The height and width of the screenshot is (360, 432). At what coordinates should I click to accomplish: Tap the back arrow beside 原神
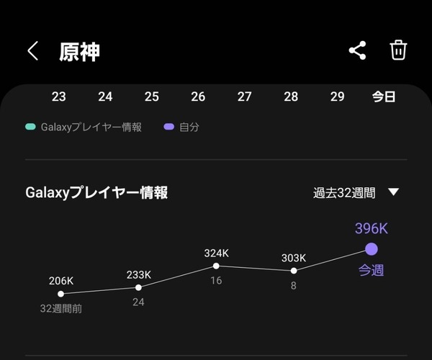click(32, 51)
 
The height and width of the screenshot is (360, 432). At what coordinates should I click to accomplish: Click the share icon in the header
click(357, 50)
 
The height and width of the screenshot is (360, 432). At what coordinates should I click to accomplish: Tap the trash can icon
click(398, 50)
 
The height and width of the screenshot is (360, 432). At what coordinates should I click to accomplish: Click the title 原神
click(79, 52)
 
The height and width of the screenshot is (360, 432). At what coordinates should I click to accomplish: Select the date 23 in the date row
click(59, 96)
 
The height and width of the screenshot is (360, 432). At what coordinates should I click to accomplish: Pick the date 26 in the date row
click(198, 96)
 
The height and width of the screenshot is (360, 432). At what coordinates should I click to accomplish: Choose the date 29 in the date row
click(338, 96)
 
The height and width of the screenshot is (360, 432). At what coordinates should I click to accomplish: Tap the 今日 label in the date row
click(384, 97)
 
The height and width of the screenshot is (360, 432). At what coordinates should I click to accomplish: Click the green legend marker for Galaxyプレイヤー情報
click(30, 127)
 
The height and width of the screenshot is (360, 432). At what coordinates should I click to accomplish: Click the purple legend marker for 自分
click(169, 127)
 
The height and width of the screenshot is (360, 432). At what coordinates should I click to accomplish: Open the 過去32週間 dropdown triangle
click(393, 192)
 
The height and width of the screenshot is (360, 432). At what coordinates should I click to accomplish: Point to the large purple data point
click(372, 249)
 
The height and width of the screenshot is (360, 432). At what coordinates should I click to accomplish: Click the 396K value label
click(372, 229)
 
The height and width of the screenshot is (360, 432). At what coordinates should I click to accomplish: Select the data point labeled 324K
click(216, 266)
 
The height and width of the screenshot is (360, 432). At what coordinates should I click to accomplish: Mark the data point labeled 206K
click(61, 294)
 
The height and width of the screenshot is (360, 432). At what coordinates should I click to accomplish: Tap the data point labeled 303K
click(294, 271)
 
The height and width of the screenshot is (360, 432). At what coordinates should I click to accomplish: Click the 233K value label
click(139, 275)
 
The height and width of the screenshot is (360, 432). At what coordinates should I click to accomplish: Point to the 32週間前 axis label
click(61, 309)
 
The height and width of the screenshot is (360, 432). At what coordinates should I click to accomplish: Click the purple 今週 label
click(371, 270)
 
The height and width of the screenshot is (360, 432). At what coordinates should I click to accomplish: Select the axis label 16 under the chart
click(216, 281)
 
